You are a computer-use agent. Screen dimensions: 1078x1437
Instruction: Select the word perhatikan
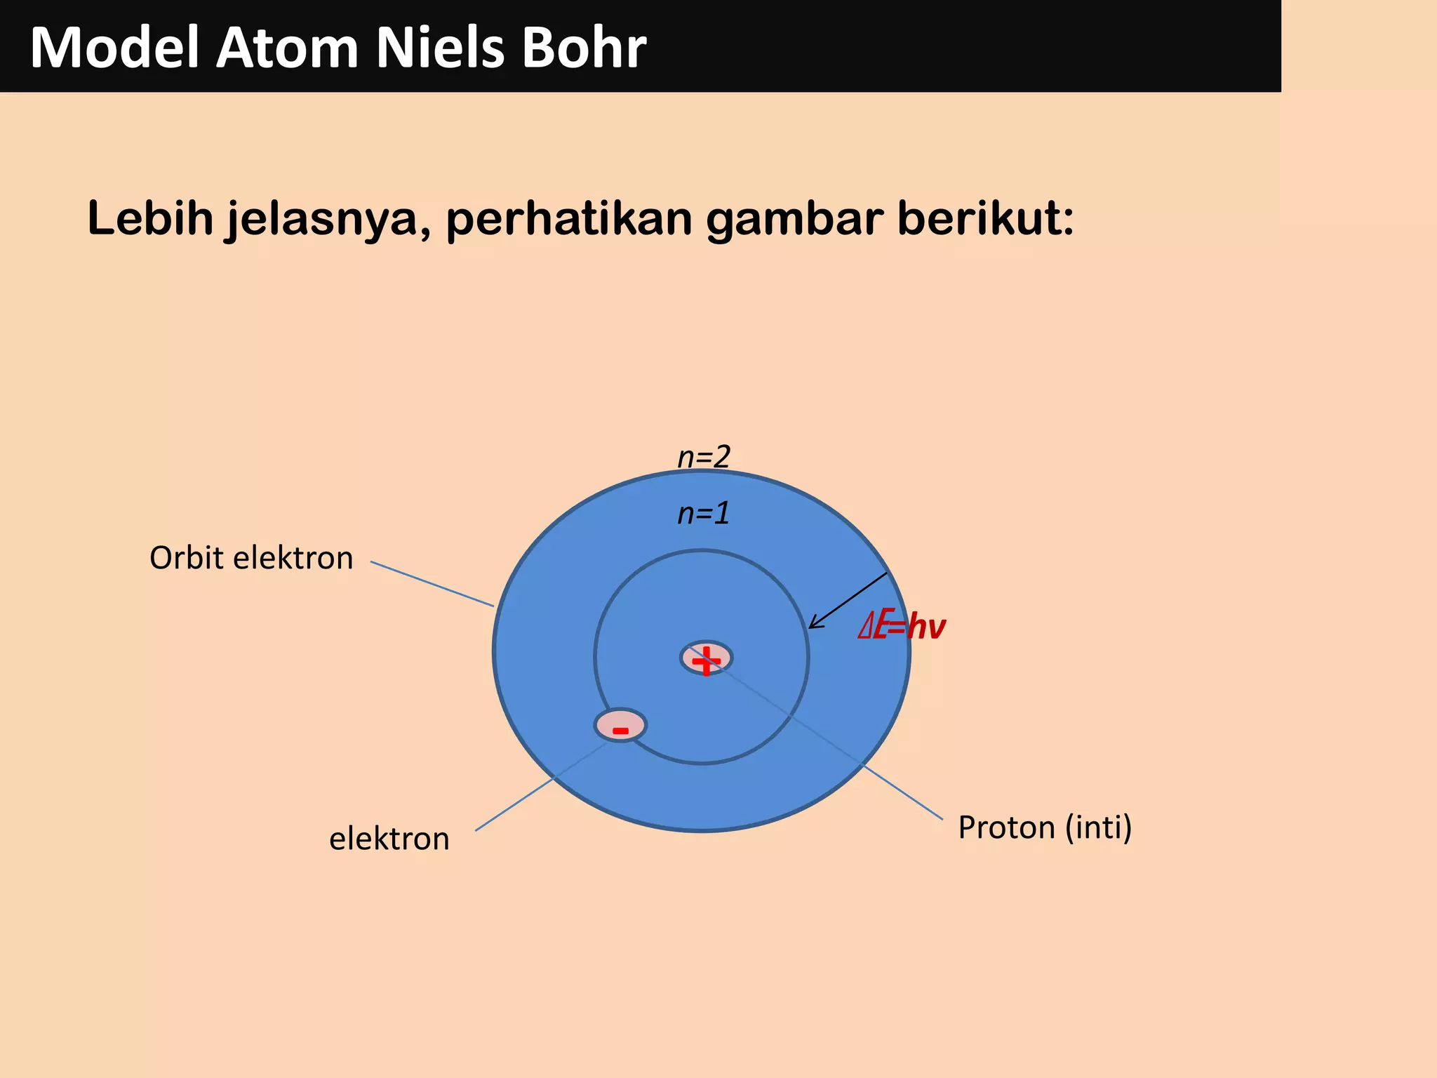(x=569, y=219)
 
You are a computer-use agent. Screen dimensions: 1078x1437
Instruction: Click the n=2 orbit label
(x=704, y=457)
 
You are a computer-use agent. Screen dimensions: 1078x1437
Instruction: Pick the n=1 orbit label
(x=704, y=514)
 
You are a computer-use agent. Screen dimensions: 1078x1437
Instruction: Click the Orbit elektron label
(x=251, y=559)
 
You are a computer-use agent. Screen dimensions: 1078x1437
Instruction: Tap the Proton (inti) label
(x=1045, y=828)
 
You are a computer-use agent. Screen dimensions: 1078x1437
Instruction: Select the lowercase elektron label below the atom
(x=389, y=839)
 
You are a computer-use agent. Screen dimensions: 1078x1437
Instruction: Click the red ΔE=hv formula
(x=902, y=626)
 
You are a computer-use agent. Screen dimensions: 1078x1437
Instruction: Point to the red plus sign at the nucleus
(x=706, y=660)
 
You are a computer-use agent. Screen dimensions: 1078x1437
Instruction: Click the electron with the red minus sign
(x=620, y=726)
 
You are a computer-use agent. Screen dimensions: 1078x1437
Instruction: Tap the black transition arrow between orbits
(x=848, y=601)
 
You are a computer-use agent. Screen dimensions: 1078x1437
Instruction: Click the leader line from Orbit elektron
(x=432, y=584)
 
